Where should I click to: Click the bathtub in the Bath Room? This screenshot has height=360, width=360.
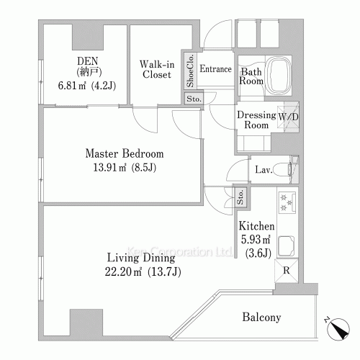[x=279, y=76]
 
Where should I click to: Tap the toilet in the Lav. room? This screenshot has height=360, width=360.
[x=283, y=170]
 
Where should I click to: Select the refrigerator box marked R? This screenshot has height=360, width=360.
[x=287, y=271]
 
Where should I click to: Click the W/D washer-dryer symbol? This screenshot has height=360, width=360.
[x=288, y=117]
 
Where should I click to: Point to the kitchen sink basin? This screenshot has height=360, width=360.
[x=286, y=246]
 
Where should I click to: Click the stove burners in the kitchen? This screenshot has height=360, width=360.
[x=287, y=202]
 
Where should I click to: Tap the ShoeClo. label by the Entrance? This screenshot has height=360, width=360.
[x=190, y=71]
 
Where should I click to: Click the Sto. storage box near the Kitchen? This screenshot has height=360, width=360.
[x=240, y=197]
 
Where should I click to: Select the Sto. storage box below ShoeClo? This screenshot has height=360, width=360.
[x=194, y=99]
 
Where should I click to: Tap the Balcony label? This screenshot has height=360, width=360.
[x=261, y=317]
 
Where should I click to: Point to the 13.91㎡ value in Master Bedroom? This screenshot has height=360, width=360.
[x=109, y=168]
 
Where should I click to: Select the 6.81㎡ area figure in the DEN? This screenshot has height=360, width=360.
[x=72, y=86]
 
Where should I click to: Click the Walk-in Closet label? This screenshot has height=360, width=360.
[x=157, y=69]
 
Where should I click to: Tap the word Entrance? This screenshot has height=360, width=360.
[x=215, y=69]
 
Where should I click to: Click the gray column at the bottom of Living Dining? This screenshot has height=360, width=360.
[x=86, y=323]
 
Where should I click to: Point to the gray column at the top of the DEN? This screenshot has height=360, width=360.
[x=88, y=37]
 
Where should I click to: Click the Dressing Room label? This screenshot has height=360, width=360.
[x=256, y=120]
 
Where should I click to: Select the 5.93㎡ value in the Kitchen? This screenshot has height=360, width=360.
[x=256, y=239]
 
